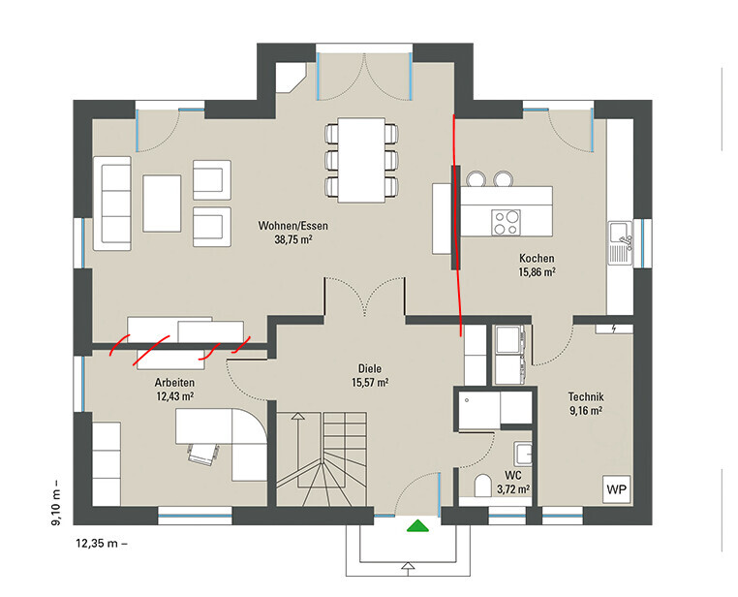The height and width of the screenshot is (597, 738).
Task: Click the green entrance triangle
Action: tap(418, 525)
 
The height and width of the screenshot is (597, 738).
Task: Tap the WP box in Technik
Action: tap(617, 489)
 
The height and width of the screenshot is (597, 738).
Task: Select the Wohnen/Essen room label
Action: tap(292, 226)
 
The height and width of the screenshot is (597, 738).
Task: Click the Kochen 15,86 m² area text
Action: tap(537, 272)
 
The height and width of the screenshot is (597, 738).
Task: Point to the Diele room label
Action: tap(369, 368)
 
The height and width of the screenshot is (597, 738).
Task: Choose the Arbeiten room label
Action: tap(174, 383)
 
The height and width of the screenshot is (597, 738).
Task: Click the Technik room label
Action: tap(586, 397)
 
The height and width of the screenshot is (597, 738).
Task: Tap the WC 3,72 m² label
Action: tap(513, 483)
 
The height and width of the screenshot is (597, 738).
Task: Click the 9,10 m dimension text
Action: tap(56, 502)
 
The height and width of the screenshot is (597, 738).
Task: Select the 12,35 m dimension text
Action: tap(102, 544)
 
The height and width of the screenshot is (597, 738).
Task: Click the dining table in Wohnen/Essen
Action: tap(361, 160)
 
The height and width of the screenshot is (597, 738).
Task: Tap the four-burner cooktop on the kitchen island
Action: tap(506, 222)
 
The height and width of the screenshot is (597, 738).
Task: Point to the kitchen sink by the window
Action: tap(621, 243)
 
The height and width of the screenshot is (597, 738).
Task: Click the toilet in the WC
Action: tap(482, 486)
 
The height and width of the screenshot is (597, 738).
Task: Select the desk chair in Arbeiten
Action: tap(203, 454)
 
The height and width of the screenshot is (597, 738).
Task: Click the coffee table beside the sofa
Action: tap(162, 204)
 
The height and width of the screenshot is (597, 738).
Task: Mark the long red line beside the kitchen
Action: tap(456, 225)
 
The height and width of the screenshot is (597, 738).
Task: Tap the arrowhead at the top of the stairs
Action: tap(297, 416)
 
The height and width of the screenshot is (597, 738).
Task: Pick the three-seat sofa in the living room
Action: tap(112, 204)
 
